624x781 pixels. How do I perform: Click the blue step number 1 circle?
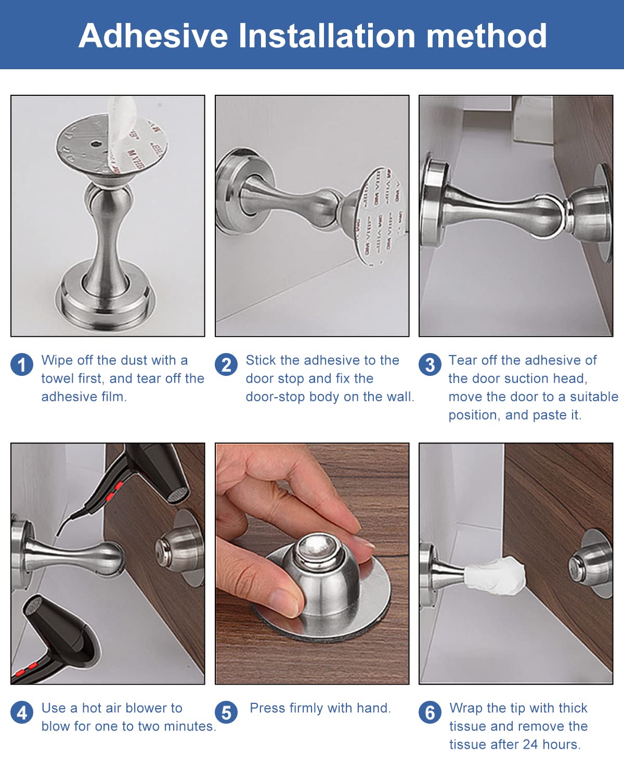(x=22, y=364)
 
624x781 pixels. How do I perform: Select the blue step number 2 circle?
(x=226, y=364)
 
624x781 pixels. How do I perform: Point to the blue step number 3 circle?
(x=430, y=364)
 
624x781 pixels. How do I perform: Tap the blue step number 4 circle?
(x=22, y=712)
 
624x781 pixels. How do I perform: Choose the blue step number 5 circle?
(x=226, y=712)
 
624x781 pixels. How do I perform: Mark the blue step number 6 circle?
(x=430, y=712)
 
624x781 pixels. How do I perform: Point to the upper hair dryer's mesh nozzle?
(x=178, y=494)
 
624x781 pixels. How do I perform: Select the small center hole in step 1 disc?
(x=96, y=144)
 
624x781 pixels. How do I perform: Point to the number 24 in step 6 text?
(x=530, y=745)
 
